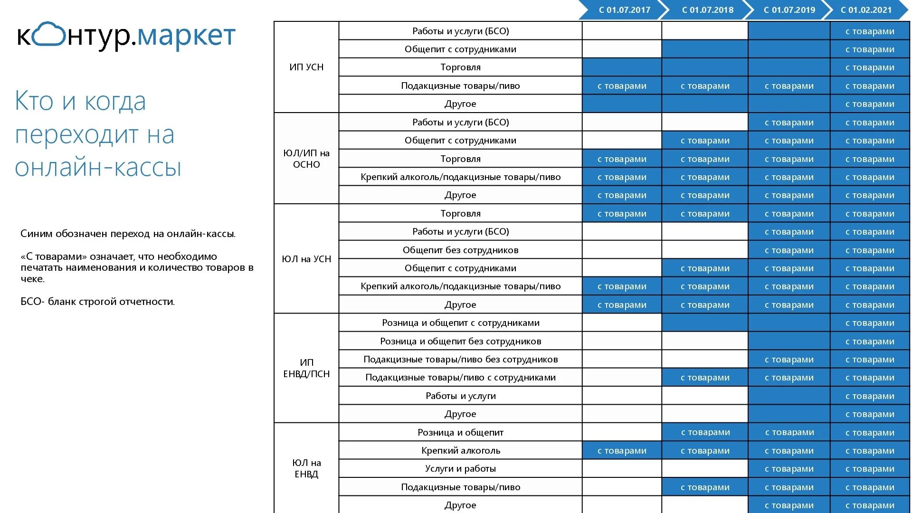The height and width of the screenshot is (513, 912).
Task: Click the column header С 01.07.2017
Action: [x=624, y=10]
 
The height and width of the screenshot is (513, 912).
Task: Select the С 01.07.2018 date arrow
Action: [x=707, y=10]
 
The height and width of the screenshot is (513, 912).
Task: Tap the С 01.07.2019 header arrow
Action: [x=789, y=10]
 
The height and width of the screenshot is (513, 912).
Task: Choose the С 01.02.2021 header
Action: [x=866, y=10]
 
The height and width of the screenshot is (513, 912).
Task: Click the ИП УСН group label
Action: [x=306, y=67]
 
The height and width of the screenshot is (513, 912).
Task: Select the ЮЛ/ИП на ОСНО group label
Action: [x=306, y=159]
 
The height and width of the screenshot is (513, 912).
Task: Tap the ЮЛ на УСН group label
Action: [x=306, y=259]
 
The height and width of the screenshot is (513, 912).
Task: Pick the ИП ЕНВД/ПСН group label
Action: [x=306, y=368]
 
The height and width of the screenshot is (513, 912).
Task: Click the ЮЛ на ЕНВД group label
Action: [x=306, y=468]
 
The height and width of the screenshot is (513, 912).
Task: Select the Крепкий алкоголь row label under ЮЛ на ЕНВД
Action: [x=460, y=450]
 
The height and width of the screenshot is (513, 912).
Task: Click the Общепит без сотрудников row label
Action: [x=460, y=250]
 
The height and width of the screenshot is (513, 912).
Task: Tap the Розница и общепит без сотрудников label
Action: [x=460, y=341]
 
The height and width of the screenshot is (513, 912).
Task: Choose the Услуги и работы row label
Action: [x=460, y=468]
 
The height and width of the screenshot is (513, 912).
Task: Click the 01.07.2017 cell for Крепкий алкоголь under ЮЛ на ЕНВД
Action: [x=622, y=450]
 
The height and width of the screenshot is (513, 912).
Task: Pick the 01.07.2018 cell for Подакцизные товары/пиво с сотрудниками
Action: [x=705, y=378]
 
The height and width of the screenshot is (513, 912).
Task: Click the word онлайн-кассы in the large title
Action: [x=98, y=167]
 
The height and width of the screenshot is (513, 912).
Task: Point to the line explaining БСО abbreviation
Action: [x=98, y=302]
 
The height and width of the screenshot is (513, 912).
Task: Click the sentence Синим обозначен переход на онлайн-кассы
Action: [x=128, y=234]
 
